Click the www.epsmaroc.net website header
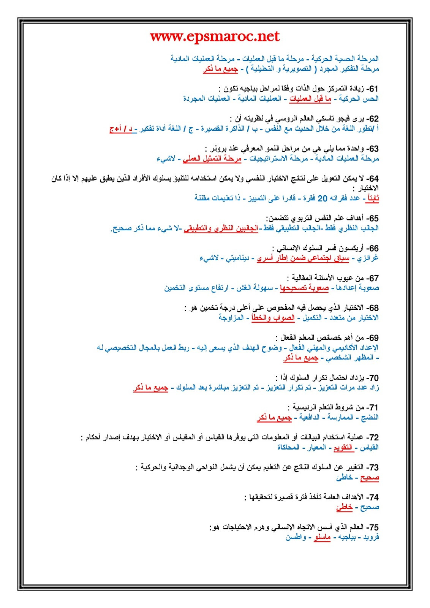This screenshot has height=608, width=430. [x=215, y=36]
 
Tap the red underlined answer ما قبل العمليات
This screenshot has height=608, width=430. [x=310, y=99]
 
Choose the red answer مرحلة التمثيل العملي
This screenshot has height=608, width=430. [x=212, y=158]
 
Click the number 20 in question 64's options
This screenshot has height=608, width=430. [x=322, y=198]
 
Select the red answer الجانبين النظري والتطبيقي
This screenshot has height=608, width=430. [x=221, y=228]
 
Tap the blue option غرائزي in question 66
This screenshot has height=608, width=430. [x=368, y=258]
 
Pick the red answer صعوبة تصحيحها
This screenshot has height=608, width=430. [x=304, y=288]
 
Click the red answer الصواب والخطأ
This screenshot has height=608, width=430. [x=273, y=318]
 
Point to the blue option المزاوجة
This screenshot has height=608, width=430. [x=231, y=318]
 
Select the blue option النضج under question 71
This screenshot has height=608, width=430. [x=370, y=418]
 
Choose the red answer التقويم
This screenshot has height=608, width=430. [x=343, y=448]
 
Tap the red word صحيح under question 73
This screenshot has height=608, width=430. [x=370, y=477]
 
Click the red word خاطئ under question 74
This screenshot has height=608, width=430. [x=344, y=507]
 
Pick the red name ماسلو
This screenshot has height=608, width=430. [x=322, y=537]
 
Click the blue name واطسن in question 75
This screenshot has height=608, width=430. [x=296, y=537]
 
